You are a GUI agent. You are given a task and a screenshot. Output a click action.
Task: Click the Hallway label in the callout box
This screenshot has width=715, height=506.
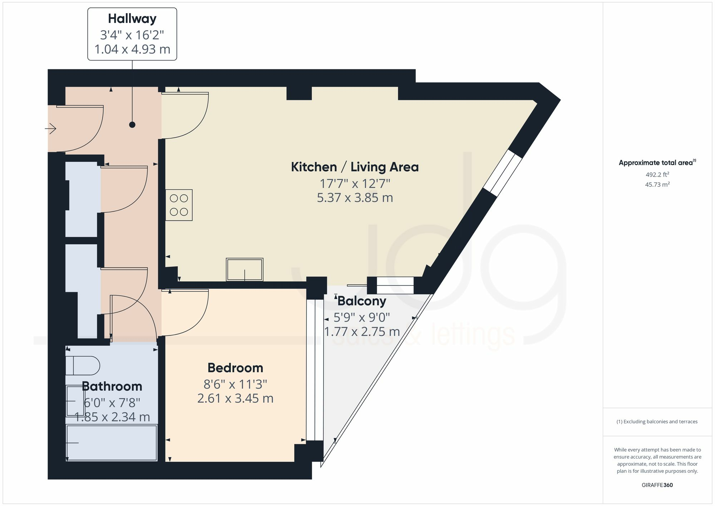tap(132, 19)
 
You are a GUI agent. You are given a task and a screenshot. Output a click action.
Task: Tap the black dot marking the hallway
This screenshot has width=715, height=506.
tap(132, 125)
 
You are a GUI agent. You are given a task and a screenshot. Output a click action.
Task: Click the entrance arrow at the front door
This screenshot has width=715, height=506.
tap(51, 128)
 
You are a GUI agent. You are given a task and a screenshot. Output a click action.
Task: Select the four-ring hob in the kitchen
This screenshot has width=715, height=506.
tap(179, 205)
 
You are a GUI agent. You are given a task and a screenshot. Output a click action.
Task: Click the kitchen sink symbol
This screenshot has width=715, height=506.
tap(245, 269)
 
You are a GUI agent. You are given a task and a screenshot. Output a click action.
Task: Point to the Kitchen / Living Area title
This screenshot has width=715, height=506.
tap(355, 167)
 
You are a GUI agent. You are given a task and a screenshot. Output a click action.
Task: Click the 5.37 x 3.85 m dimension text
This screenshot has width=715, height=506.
tap(355, 198)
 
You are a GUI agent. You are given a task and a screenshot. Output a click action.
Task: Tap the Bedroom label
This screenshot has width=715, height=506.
tap(235, 368)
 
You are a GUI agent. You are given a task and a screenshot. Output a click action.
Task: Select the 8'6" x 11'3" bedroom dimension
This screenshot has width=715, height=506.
tap(235, 384)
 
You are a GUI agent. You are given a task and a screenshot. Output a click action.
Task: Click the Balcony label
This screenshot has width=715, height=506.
tap(362, 301)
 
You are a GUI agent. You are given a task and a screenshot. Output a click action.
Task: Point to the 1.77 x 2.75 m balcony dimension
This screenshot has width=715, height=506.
tap(362, 332)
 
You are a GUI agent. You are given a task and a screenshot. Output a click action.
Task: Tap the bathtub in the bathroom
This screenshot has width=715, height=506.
tap(112, 443)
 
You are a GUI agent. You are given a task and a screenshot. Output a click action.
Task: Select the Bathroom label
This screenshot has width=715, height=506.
tap(112, 387)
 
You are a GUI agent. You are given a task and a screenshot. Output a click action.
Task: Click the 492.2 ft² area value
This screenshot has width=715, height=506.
tap(657, 175)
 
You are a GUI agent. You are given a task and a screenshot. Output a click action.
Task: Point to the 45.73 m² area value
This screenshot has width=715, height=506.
tap(657, 185)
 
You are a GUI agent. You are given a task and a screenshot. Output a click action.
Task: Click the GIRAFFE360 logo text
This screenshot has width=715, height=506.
tap(657, 485)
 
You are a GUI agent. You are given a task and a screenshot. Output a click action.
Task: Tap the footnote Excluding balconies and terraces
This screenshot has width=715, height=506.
tap(657, 422)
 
